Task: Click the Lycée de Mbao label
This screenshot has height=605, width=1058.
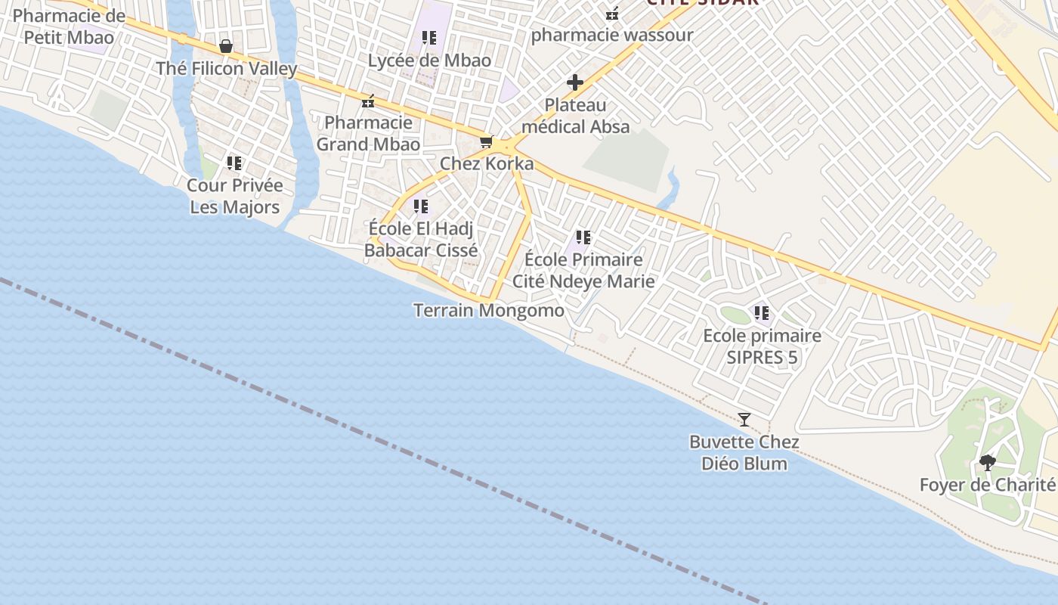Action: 429,60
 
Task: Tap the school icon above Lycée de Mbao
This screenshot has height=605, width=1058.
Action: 429,37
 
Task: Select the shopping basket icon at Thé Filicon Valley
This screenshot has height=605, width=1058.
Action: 225,46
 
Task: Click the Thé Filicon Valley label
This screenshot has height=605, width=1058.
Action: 227,69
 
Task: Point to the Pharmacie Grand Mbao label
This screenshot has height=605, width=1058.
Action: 368,133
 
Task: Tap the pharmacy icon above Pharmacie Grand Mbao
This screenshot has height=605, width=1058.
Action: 368,101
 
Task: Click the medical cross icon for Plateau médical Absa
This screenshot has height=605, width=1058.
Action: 575,82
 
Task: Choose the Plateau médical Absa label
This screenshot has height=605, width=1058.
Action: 576,116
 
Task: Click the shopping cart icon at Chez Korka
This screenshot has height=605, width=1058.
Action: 487,141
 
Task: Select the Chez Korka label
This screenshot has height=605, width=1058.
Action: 487,164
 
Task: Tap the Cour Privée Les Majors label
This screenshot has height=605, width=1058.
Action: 234,196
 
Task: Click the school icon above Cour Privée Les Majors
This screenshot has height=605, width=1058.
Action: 234,163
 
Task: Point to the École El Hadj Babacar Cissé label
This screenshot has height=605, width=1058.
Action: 421,239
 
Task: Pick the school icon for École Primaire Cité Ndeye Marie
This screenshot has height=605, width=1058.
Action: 583,237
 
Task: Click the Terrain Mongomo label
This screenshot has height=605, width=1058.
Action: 489,310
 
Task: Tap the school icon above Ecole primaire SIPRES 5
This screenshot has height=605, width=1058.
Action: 761,312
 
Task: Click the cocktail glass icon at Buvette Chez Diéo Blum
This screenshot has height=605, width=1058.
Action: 744,419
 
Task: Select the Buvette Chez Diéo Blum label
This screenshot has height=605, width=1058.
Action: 744,452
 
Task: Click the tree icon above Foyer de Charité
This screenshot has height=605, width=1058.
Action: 987,462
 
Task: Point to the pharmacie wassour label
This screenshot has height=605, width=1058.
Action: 612,36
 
